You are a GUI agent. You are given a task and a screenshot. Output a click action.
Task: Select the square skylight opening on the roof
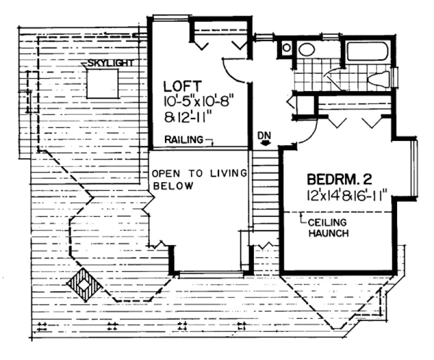click(x=104, y=85)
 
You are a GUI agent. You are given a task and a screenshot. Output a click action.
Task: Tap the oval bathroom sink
click(x=307, y=50)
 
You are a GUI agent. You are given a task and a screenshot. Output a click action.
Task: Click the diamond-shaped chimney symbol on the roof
click(x=83, y=284)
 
